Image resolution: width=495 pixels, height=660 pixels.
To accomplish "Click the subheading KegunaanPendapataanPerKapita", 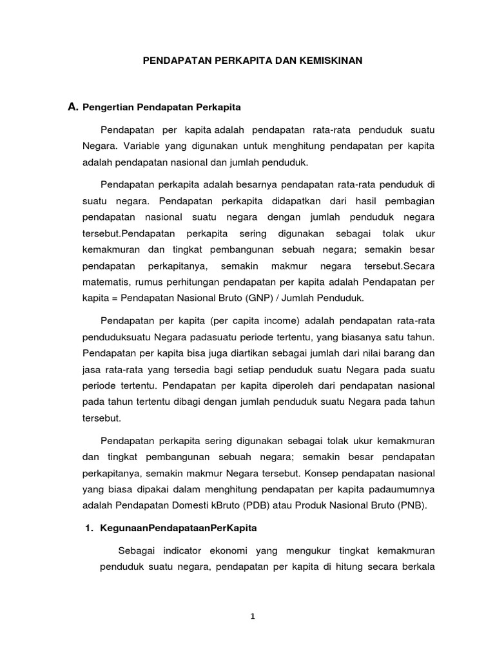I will coord(179,528).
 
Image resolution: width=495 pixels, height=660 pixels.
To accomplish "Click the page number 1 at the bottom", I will coord(253,616).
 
